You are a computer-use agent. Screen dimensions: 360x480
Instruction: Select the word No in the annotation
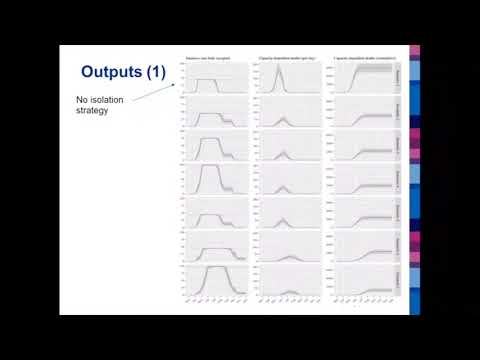(x=81, y=100)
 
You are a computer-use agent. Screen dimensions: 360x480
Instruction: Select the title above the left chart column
(x=209, y=59)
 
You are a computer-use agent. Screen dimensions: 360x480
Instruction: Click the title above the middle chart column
(x=285, y=59)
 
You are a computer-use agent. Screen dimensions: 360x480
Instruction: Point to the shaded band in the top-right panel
(x=370, y=70)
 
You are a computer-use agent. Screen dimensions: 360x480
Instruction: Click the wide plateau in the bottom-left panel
(x=216, y=269)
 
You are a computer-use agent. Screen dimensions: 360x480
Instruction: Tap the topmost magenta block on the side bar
(x=415, y=51)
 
